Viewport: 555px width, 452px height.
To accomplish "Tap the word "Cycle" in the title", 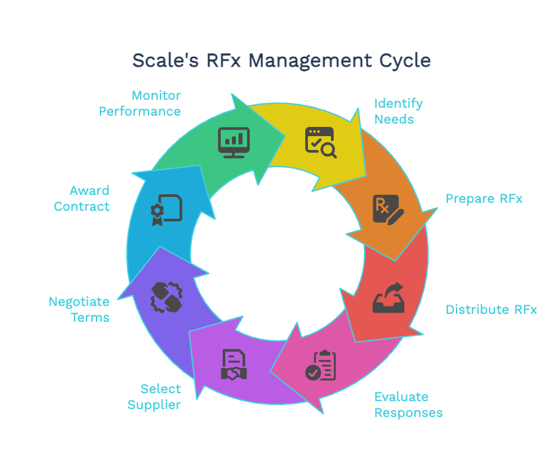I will [405, 60].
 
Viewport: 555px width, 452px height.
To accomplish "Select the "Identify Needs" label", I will [398, 111].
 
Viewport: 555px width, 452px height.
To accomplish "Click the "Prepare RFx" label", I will [484, 198].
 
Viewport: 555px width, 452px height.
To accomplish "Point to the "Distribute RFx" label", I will [491, 309].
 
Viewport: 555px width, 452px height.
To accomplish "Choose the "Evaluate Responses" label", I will [408, 404].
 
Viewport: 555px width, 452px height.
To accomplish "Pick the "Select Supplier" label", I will [155, 396].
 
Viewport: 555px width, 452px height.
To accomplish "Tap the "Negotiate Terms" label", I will [79, 309].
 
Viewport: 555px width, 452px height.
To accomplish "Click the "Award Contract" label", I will [82, 198].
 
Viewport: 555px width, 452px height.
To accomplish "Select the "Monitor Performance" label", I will [140, 103].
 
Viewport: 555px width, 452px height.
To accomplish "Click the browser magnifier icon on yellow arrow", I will [320, 142].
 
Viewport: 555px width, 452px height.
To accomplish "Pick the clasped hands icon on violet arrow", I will [166, 297].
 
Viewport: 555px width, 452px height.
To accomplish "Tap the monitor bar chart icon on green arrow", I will [234, 142].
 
